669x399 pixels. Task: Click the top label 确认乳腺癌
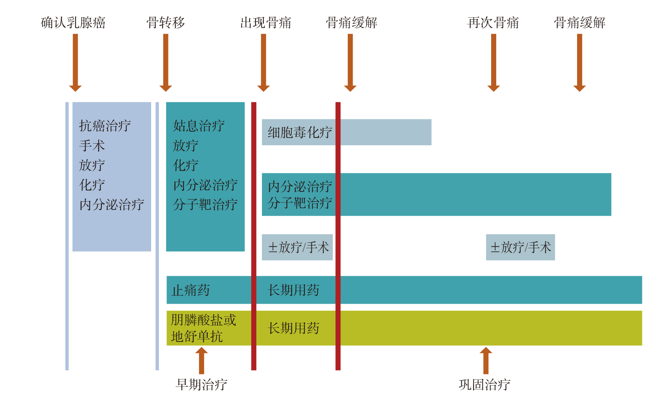pos(73,23)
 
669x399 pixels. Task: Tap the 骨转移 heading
pos(166,23)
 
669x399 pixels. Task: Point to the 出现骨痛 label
pos(266,23)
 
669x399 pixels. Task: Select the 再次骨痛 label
pos(493,23)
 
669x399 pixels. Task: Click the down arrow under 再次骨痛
pos(494,63)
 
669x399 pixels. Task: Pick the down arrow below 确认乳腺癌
pos(75,63)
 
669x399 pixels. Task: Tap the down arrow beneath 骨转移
pos(166,63)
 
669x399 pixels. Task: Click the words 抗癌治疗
pos(105,126)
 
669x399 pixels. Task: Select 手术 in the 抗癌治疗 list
pos(92,146)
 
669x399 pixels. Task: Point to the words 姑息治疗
pos(199,126)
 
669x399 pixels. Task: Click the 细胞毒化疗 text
pos(300,132)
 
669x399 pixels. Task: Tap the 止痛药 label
pos(190,290)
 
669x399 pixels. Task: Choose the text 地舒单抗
pos(197,336)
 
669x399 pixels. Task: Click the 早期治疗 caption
pos(201,384)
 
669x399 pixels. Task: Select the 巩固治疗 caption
pos(485,384)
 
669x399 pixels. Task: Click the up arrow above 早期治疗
pos(201,361)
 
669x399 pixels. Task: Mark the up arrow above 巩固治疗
pos(486,361)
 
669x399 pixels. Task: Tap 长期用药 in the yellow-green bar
pos(294,328)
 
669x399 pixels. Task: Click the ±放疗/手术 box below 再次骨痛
pos(521,247)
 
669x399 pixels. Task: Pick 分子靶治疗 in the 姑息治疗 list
pos(205,205)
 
